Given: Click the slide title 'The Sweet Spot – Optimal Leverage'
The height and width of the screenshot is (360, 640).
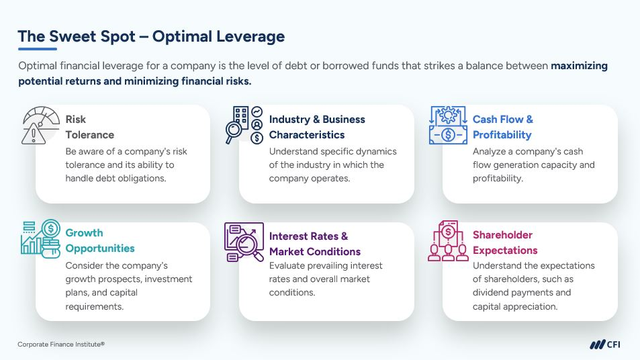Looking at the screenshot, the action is pos(151,36).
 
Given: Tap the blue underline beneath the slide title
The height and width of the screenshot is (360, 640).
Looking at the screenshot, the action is pos(37,49).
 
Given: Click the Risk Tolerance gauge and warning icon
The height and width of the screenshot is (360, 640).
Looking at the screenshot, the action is pos(40,126).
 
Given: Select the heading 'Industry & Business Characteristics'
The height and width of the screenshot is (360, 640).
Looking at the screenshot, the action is pos(317,127).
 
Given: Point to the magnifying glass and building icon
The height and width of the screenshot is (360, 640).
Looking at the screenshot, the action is pos(244,125).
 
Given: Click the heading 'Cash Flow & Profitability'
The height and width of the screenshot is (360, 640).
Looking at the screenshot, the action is pos(503,127).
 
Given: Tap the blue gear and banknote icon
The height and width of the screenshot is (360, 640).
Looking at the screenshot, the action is pos(448,126).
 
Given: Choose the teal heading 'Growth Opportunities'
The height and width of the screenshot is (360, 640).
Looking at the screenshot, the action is pos(100,240).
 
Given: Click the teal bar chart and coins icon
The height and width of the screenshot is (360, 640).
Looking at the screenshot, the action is pos(40,239).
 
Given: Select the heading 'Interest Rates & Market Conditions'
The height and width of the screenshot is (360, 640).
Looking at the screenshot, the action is pos(315,244).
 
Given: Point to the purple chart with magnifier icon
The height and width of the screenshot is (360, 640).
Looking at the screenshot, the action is pos(244,242).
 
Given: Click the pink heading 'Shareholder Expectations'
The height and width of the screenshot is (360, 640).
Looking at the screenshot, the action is pos(505,242).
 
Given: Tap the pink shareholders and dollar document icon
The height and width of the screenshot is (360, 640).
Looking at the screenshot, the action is pos(448,241).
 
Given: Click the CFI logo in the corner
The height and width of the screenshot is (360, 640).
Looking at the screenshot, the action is pos(605,345).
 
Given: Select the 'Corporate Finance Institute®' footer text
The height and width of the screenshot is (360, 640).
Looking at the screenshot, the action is pos(61,345).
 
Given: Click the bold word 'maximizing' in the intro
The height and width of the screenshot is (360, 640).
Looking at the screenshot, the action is pos(579,66).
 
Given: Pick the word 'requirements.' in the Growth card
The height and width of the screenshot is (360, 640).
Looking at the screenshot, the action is pos(94,306).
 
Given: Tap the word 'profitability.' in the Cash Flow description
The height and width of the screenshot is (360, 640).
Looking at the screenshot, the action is pos(498,179).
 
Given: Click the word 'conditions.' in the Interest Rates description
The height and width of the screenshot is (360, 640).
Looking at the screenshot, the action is pos(292,293).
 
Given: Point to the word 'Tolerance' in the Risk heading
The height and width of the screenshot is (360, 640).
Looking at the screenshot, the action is pos(90,135).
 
